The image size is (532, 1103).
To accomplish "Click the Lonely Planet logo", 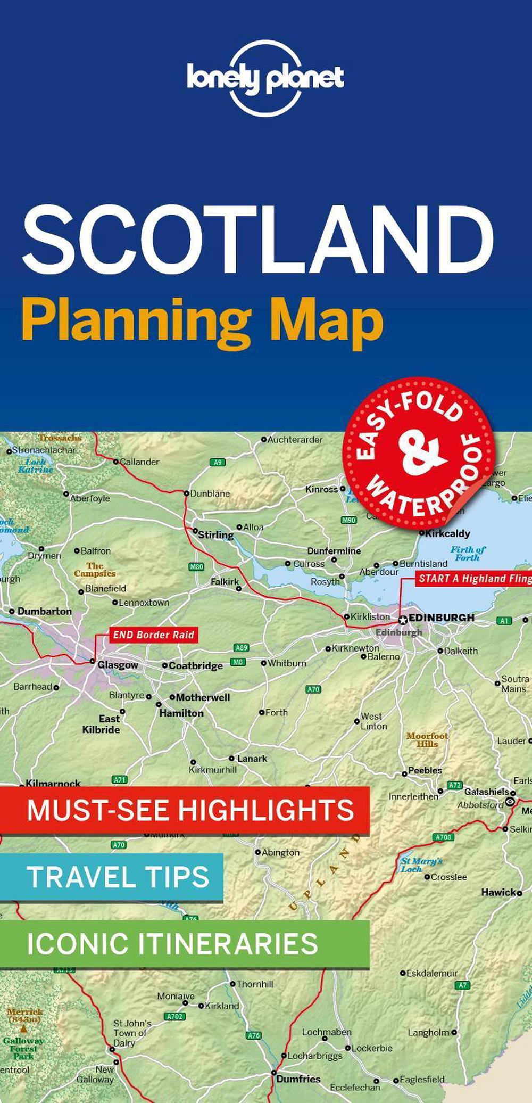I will (265, 78).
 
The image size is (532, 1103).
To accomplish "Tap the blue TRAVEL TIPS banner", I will (112, 877).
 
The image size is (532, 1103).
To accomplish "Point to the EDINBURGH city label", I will (441, 618).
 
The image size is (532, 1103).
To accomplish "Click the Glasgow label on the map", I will (118, 665).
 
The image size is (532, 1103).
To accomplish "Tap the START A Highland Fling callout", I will (473, 579).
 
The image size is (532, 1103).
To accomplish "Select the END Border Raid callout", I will (153, 635).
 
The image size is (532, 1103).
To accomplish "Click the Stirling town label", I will (215, 534).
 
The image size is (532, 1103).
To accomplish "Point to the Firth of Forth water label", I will (468, 554).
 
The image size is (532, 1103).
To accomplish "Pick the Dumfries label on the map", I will (298, 1079).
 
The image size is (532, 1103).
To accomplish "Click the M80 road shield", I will (197, 566).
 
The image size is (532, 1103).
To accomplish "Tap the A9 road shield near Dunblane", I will (217, 462).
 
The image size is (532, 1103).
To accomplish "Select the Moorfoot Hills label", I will (427, 739).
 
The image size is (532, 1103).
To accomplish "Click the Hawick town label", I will (498, 892).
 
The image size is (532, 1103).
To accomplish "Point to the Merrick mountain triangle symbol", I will (23, 1029).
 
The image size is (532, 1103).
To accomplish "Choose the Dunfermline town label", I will (334, 551).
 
